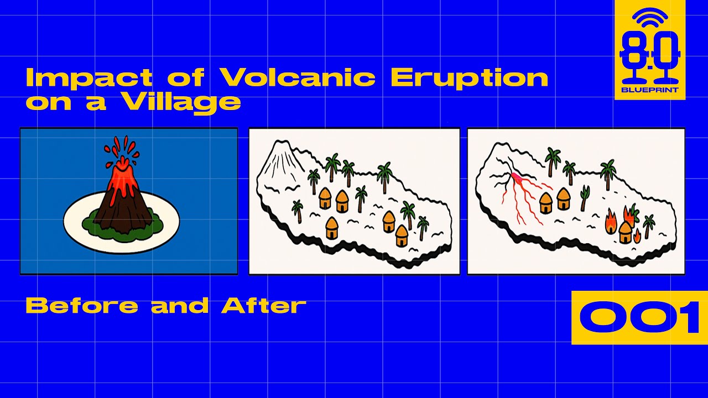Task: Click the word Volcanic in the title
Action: click(298, 77)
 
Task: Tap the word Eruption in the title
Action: click(470, 79)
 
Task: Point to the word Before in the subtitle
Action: click(82, 306)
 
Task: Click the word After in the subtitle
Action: click(264, 306)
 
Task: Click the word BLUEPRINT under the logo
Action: click(650, 90)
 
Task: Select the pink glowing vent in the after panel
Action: click(517, 179)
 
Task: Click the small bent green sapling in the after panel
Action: click(585, 198)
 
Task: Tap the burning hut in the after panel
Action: click(625, 232)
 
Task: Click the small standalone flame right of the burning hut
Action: click(637, 236)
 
